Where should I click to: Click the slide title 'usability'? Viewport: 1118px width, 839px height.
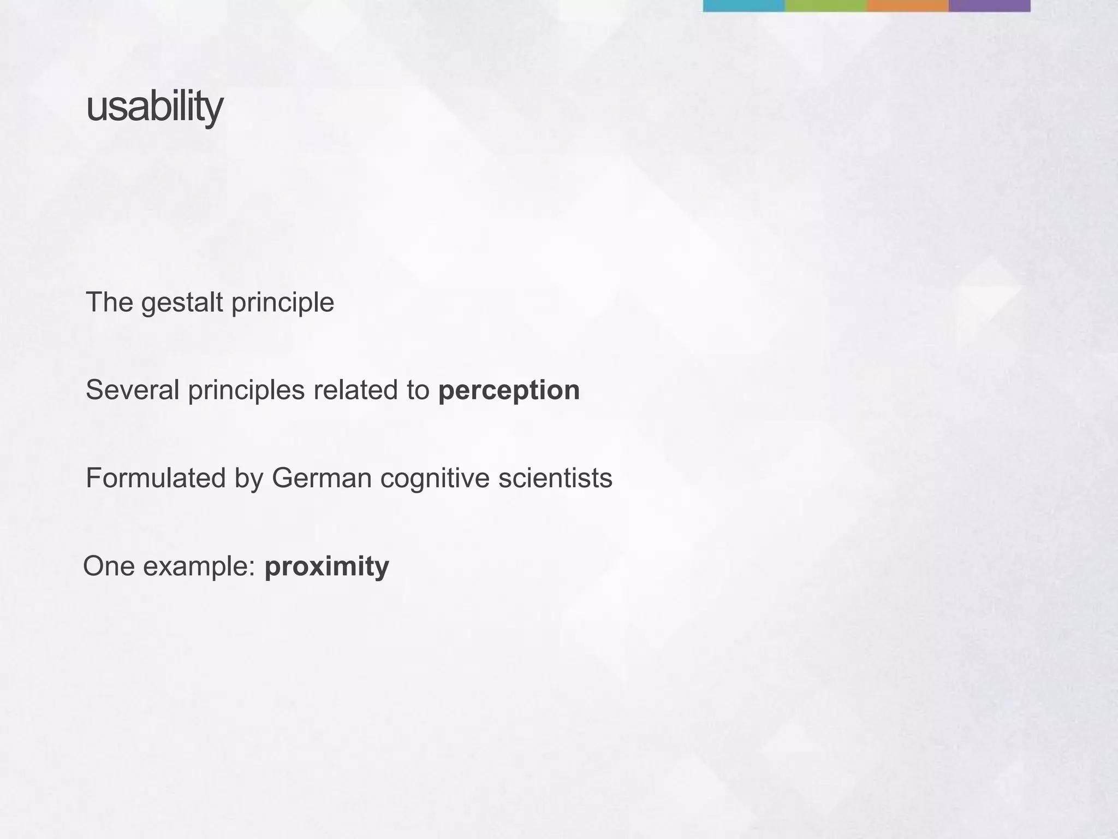pyautogui.click(x=154, y=108)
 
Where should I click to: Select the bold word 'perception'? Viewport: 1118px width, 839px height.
pyautogui.click(x=509, y=391)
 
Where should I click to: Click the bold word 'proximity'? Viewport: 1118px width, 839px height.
pyautogui.click(x=326, y=566)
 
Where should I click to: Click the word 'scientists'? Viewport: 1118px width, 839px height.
pyautogui.click(x=555, y=478)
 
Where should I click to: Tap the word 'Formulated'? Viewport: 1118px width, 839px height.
pyautogui.click(x=156, y=478)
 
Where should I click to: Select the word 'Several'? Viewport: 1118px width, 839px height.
pyautogui.click(x=133, y=391)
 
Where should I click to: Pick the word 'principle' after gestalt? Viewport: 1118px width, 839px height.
pyautogui.click(x=282, y=303)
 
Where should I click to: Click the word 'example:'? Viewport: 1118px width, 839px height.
pyautogui.click(x=199, y=567)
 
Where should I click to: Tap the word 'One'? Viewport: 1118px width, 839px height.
pyautogui.click(x=109, y=566)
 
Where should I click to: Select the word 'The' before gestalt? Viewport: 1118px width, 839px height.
pyautogui.click(x=109, y=303)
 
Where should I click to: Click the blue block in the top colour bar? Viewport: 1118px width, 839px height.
pyautogui.click(x=744, y=5)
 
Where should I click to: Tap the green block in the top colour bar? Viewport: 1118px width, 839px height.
pyautogui.click(x=825, y=5)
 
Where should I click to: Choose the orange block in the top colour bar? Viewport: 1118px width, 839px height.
pyautogui.click(x=907, y=5)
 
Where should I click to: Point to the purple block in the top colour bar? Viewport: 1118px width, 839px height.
pyautogui.click(x=989, y=5)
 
